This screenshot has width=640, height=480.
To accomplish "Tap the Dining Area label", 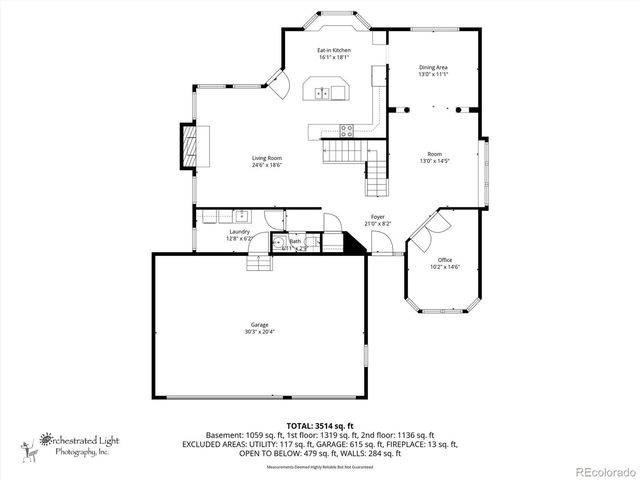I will pos(433,68).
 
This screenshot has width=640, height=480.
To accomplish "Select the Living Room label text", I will pos(266,157).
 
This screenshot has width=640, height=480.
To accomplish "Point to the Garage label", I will pos(259,324).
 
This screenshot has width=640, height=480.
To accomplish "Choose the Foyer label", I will pos(377,216).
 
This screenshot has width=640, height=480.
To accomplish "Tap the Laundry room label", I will pos(238,231).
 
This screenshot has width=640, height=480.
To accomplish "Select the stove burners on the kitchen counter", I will pos(347,128).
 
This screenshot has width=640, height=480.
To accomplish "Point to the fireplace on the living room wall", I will pos(188,146).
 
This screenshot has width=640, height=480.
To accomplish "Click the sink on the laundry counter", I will pos(241,214).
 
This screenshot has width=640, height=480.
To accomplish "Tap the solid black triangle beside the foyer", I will pos(352,244).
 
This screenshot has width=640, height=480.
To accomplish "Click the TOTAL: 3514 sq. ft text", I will pos(319,425).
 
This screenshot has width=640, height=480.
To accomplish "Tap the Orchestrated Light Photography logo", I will pos(70,442).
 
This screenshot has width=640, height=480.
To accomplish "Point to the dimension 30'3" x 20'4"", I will pos(259,331).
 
